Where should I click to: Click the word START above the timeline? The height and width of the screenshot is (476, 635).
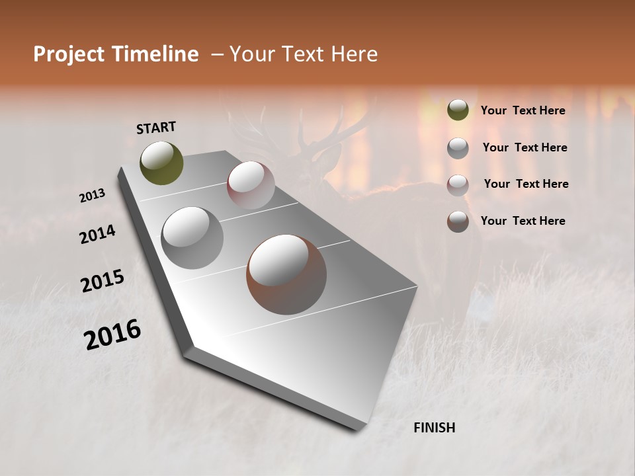pos(156,128)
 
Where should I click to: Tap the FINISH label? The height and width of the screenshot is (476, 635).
pos(434,428)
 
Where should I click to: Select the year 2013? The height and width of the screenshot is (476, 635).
pos(93,196)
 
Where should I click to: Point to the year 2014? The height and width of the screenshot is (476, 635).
pos(98,234)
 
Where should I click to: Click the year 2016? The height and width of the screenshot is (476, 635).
pos(112,335)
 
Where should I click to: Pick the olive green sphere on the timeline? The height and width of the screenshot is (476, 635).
pos(161,163)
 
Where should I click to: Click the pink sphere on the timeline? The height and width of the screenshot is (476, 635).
pos(251,185)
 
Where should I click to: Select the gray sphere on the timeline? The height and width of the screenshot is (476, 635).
pos(192,237)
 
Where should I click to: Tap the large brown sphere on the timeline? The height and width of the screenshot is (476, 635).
pos(286,274)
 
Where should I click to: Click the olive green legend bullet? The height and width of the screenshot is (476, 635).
pos(458,110)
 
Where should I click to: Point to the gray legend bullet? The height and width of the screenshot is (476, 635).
pos(458,147)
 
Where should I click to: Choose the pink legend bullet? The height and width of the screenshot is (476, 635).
pos(458,184)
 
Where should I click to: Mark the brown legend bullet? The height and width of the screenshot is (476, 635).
pos(458,221)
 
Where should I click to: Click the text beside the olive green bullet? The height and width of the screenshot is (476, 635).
pos(523,111)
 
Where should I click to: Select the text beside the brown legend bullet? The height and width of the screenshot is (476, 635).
pos(523,221)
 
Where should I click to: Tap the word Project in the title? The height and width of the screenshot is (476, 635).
pos(69,54)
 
